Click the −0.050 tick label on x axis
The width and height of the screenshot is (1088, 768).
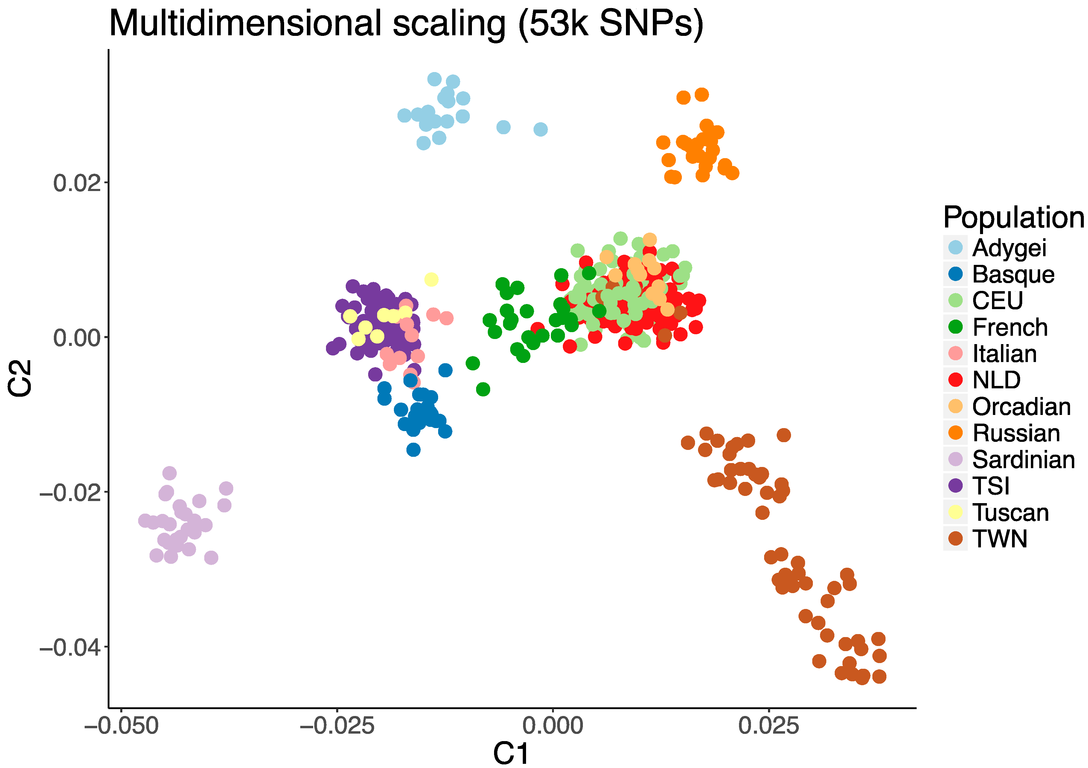point(121,726)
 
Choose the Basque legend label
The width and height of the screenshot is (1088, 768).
point(1013,274)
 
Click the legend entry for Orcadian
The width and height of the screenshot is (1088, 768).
point(1021,407)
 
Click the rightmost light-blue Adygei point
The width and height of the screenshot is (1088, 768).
point(540,129)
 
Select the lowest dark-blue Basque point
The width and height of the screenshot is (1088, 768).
point(413,450)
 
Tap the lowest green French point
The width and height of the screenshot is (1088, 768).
point(483,390)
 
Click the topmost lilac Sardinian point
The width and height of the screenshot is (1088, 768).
point(169,473)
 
